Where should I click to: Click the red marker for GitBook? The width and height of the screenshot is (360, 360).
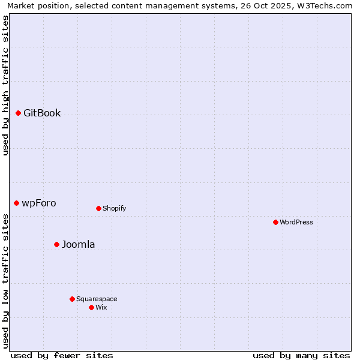coord(18,113)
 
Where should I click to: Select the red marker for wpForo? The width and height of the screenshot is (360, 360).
coord(16,203)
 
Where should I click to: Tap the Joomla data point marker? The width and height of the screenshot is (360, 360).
coord(56,244)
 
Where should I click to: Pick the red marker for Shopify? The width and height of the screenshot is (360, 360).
coord(98,208)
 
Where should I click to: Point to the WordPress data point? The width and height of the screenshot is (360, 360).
coord(275,222)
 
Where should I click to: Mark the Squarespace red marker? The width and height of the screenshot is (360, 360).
coord(72,299)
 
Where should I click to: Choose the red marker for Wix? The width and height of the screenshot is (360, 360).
coord(91,307)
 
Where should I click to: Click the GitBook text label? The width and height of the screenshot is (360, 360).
coord(42,113)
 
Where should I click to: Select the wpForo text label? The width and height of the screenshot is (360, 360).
coord(39,203)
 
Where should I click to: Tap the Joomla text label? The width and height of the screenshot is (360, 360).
coord(79,244)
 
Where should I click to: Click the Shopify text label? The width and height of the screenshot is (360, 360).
coord(114,208)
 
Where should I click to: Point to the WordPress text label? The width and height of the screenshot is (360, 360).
coord(296,222)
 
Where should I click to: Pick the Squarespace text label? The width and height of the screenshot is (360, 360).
coord(97,299)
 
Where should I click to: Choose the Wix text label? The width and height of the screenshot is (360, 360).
coord(101,307)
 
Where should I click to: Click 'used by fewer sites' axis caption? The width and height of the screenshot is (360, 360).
coord(62,355)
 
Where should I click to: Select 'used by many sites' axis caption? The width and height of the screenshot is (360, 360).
coord(301,355)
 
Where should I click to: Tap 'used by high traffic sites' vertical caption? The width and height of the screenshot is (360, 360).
coord(5,85)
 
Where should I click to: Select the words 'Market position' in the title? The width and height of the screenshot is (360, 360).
coord(35,5)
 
